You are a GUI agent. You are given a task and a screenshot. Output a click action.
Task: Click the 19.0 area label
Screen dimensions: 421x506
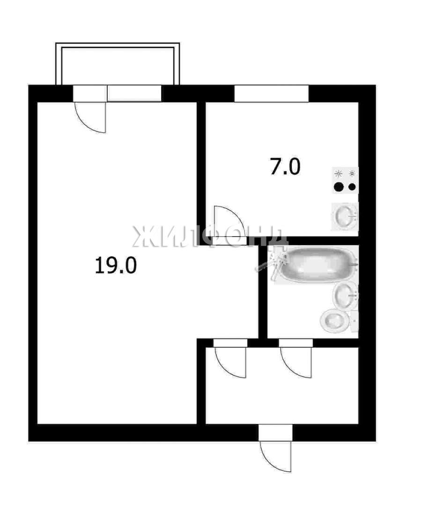116,266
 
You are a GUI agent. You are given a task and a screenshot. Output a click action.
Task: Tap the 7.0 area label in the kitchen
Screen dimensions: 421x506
285,167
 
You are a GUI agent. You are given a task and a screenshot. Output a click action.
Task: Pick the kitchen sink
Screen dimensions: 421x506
345,216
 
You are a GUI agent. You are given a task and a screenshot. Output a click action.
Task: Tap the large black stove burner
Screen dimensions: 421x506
339,187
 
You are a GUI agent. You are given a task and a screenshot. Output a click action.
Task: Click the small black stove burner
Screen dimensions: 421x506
352,187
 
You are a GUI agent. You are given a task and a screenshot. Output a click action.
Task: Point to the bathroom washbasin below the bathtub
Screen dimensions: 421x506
346,295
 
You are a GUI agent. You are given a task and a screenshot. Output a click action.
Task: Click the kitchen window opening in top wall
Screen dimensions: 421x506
271,94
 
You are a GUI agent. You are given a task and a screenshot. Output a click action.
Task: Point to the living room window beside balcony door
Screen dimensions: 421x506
134,94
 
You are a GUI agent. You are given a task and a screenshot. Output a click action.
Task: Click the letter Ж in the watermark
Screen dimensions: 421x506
142,236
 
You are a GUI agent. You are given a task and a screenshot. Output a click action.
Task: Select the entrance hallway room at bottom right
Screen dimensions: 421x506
282,386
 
